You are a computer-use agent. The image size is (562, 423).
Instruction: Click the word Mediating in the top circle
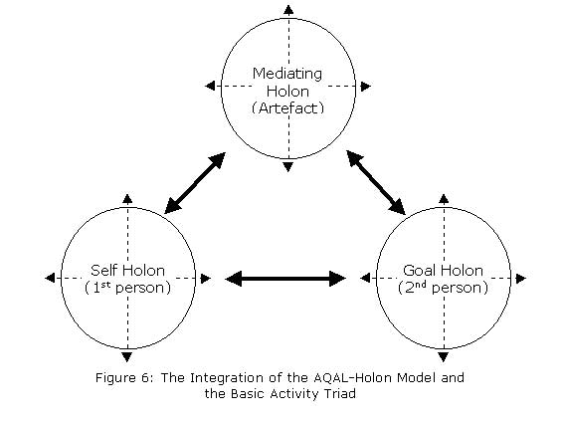click(x=287, y=75)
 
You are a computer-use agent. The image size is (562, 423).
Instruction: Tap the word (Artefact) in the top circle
click(x=287, y=108)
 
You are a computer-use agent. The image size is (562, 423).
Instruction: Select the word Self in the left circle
click(x=102, y=271)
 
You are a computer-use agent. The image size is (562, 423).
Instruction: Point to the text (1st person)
click(x=128, y=288)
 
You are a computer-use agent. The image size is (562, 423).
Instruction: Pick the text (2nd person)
click(x=443, y=288)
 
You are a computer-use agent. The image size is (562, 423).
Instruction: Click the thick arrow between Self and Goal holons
click(x=285, y=279)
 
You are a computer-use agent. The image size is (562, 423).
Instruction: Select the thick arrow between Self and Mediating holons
click(x=195, y=183)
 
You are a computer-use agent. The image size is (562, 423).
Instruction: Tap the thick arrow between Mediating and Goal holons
click(x=376, y=182)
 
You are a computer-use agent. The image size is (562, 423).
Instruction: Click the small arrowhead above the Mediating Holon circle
click(x=288, y=10)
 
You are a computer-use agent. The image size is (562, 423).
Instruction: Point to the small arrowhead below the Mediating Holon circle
click(x=288, y=167)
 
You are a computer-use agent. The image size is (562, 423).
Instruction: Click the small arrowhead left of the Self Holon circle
click(x=50, y=278)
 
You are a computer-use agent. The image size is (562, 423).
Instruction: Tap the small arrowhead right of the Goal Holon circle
click(x=521, y=279)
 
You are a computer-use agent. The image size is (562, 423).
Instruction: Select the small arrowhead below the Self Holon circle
click(x=127, y=357)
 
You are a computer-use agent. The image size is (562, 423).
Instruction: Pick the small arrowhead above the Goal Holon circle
click(x=444, y=199)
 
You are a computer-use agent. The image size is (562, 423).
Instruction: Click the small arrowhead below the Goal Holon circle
click(x=444, y=357)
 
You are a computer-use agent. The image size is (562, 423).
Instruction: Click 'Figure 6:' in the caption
click(x=124, y=378)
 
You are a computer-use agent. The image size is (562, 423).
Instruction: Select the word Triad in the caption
click(x=340, y=394)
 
